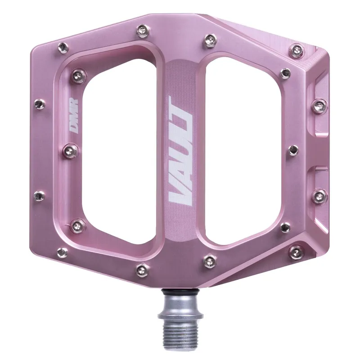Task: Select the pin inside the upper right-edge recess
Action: tap(319, 106)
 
